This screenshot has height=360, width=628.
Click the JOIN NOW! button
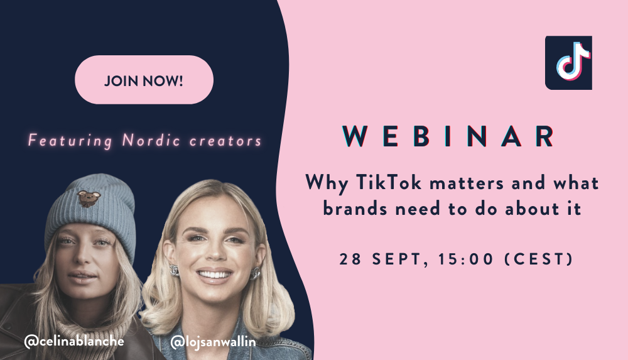(x=144, y=80)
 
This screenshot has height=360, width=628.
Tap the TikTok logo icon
(x=568, y=63)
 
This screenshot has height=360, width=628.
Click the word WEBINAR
(x=448, y=136)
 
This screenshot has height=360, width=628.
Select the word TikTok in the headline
(x=389, y=183)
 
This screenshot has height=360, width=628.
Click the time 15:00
(x=466, y=259)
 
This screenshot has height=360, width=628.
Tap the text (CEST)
(x=539, y=259)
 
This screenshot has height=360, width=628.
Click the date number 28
(x=350, y=259)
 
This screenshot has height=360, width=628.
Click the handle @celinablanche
(x=74, y=341)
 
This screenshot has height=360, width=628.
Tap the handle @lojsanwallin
(x=213, y=342)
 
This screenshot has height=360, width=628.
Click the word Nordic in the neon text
(x=151, y=140)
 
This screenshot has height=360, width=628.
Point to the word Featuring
(x=70, y=141)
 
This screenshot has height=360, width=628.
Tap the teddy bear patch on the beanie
(x=89, y=199)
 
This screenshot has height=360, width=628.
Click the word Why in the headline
(x=327, y=183)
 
